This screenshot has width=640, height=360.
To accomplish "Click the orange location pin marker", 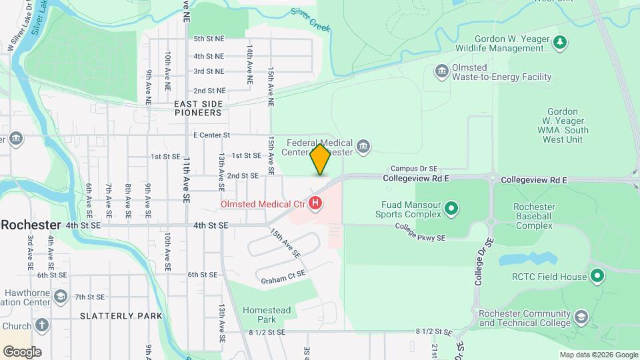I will [321, 159].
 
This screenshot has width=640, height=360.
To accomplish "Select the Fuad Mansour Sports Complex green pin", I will [451, 209].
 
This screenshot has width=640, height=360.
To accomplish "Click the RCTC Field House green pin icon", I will [597, 276].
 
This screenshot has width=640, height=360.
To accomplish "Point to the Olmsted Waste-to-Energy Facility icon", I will [441, 71].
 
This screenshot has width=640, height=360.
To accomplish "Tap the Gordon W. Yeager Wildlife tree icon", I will [560, 43].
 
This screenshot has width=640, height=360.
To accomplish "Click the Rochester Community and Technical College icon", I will [581, 317].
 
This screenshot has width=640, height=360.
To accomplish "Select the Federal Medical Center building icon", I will [363, 147].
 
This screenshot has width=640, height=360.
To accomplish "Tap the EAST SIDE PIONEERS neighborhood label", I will [198, 108].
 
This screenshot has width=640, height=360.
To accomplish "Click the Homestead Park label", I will [267, 315].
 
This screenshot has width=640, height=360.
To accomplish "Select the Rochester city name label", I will [31, 225].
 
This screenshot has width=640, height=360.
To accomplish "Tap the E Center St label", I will [211, 135].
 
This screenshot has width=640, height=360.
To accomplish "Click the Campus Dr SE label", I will [413, 169].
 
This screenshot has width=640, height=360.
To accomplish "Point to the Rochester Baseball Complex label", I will [533, 216].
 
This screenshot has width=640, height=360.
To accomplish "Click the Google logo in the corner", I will [21, 351].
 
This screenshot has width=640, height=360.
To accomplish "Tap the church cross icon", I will [42, 325].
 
